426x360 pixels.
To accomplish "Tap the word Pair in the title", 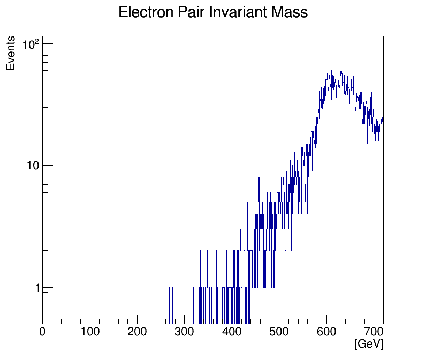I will coord(190,12).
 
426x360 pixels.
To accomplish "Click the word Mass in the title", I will coord(290,12).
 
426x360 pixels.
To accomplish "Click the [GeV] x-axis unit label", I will coord(369,344).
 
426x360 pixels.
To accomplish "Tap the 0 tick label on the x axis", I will coord(43,332).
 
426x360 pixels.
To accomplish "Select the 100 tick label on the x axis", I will coord(90,332).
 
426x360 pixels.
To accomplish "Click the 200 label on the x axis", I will coord(137,332).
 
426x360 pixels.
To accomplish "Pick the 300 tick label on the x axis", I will coord(185,332).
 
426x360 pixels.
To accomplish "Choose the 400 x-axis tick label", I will coord(232,332).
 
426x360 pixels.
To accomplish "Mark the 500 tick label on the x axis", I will coord(279,332).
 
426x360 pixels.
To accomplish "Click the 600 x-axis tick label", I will coord(326,332).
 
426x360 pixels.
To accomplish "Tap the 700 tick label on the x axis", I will coord(374,332).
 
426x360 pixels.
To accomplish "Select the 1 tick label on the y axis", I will coord(35,288).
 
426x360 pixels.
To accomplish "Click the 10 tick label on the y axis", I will coord(33,166).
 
